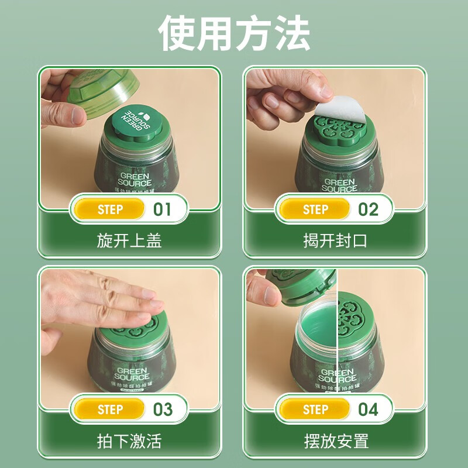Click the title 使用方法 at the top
coord(234,33)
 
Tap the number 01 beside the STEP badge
coord(162,209)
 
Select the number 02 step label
coord(368,209)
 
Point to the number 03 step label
coord(162,409)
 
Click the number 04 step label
coord(368,409)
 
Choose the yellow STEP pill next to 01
coord(110,209)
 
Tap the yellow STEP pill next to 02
coord(316,209)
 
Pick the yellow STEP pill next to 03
coord(110,409)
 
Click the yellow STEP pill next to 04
coord(316,409)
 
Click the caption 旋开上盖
coord(129,240)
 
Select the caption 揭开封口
coord(335,240)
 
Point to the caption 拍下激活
coord(129,441)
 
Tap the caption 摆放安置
coord(335,441)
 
